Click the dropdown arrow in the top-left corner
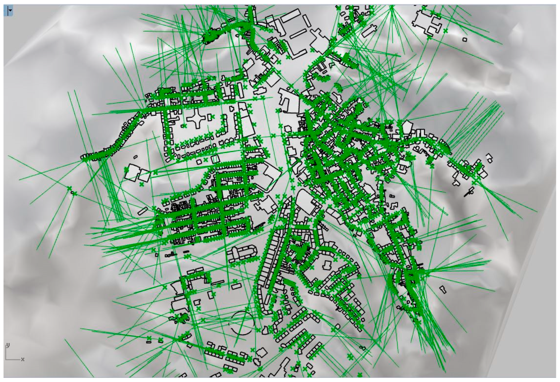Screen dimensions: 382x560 pos(11,10)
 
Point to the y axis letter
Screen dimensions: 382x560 pos(8,345)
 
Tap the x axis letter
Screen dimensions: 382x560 pos(23,360)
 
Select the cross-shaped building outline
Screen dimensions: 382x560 pos(197,119)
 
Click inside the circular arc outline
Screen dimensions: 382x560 pos(242,323)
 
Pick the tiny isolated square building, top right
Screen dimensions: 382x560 pos(465,39)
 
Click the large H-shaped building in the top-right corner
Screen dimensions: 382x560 pos(425,22)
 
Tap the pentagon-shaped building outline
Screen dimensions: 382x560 pos(407,127)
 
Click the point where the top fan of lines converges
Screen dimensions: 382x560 pos(392,7)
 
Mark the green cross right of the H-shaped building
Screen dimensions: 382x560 pos(445,30)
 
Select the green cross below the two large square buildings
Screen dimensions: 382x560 pos(142,184)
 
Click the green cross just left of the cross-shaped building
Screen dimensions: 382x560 pos(184,126)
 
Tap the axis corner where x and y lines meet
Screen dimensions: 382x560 pos(6,359)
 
